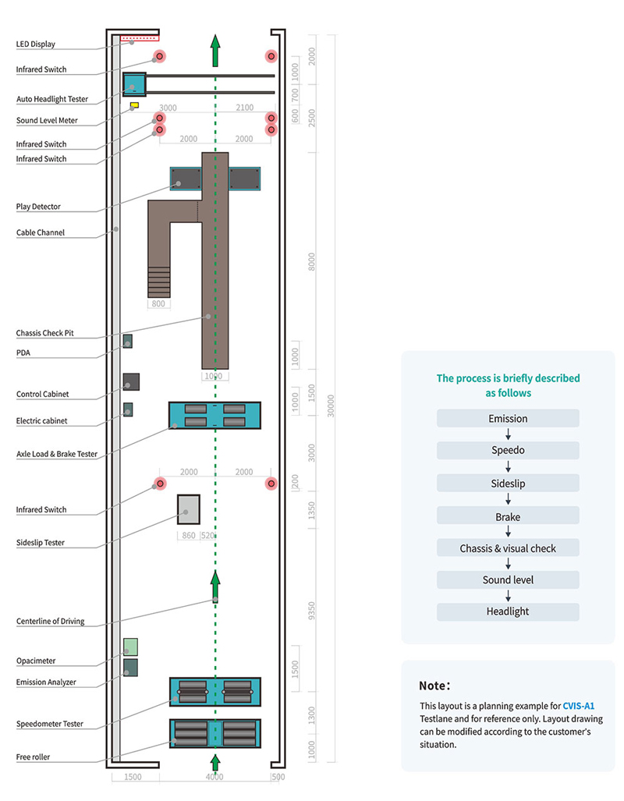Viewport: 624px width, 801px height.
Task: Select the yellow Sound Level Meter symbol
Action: [x=134, y=104]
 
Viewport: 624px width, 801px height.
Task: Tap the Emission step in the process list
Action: [x=508, y=419]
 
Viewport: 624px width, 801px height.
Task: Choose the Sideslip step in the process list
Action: [x=508, y=484]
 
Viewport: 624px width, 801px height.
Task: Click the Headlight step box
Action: [x=508, y=612]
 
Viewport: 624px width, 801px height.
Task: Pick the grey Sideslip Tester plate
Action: [x=188, y=509]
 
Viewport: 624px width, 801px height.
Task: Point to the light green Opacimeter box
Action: [x=130, y=647]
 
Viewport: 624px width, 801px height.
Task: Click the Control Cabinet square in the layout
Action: [x=131, y=381]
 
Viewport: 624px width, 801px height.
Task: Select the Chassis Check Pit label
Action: [x=44, y=334]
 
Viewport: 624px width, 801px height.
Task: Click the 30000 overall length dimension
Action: [x=331, y=406]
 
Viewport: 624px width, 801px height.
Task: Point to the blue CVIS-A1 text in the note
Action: [x=578, y=705]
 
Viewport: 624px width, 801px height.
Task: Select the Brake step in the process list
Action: [x=508, y=516]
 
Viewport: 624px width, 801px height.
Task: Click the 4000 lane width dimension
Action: [x=214, y=778]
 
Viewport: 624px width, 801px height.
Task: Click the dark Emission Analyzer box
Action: [x=130, y=668]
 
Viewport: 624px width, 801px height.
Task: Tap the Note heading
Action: [x=434, y=686]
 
